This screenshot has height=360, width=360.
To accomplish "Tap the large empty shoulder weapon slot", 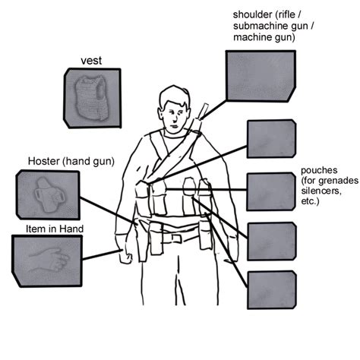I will click(x=259, y=77).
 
